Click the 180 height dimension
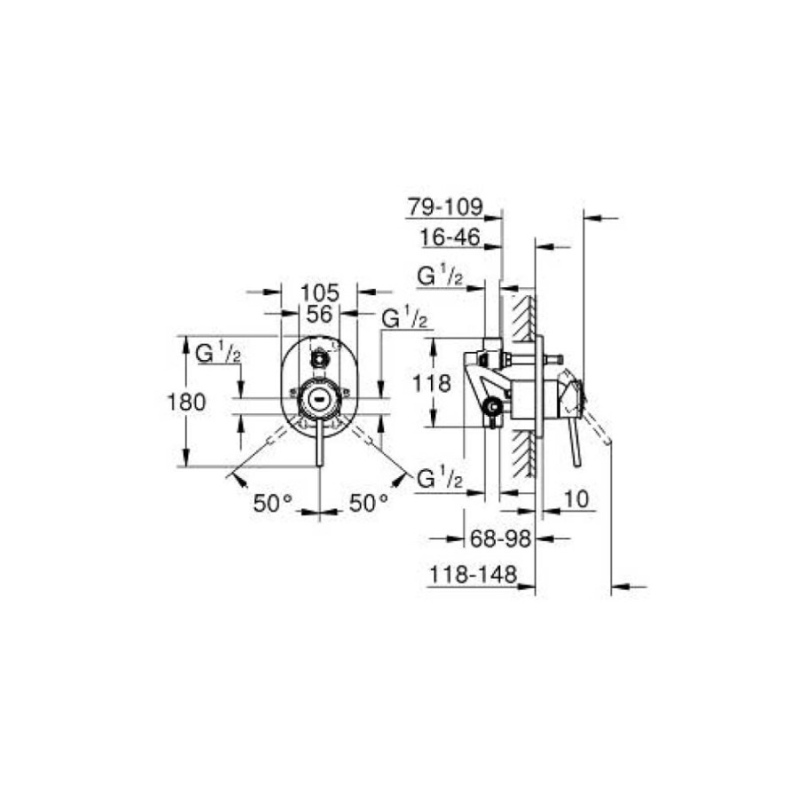pos(187,403)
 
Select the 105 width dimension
pos(319,293)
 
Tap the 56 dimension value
pos(319,314)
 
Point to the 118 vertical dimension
pos(432,383)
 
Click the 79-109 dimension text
pos(445,207)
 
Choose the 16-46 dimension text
pos(450,237)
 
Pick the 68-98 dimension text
pos(500,538)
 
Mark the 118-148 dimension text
pos(473,575)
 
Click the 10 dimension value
pos(576,499)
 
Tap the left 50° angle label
pos(273,504)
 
